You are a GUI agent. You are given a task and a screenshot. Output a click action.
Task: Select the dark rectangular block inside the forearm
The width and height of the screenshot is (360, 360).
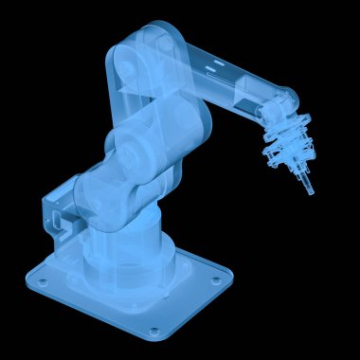coord(243,94)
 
